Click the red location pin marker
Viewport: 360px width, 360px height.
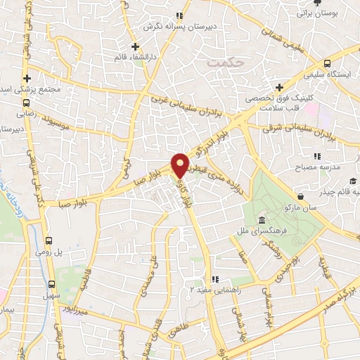180,165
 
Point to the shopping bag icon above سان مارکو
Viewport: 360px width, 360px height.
302,196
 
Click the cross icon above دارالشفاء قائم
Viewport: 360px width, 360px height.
136,47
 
